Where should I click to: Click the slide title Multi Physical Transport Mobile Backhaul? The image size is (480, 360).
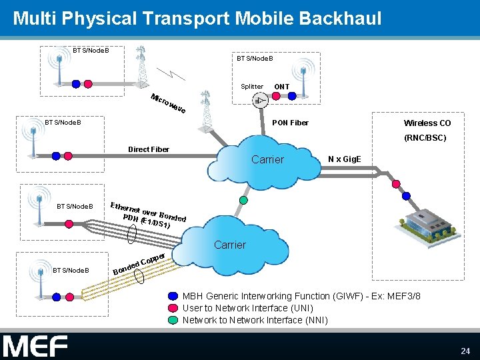coord(197,19)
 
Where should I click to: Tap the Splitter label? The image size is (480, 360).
coord(252,87)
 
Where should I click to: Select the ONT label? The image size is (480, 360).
coord(281,87)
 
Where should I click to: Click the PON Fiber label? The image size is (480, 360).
coord(290,123)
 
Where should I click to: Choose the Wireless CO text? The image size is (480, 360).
coord(427,123)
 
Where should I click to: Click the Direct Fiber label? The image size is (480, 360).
coord(149,149)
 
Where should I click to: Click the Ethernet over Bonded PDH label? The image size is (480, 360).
coord(148,212)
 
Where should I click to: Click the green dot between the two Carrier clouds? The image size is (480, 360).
coord(243,199)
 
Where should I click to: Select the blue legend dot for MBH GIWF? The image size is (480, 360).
coord(173,296)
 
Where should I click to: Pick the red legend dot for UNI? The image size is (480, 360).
coord(173,308)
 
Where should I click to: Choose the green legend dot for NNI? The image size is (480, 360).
coord(173,320)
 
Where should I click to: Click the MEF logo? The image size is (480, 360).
coord(35,346)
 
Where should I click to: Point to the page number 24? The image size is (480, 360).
coord(465,351)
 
